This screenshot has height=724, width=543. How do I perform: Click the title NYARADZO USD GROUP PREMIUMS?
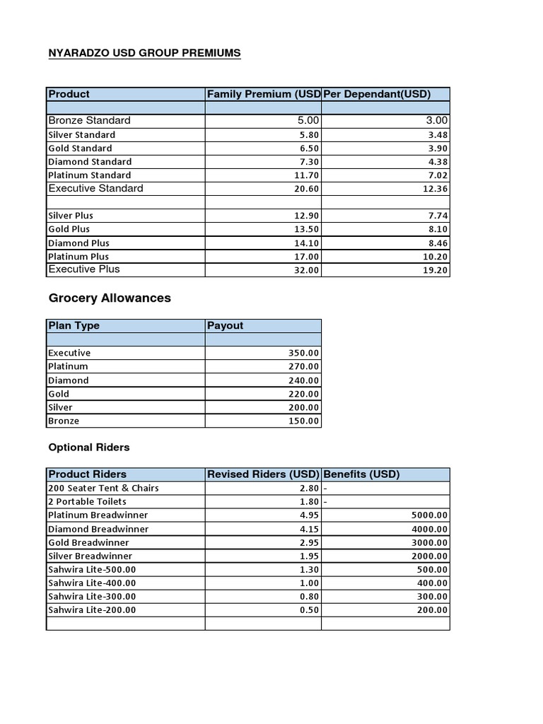[144, 53]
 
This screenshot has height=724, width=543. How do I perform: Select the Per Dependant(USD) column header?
[377, 94]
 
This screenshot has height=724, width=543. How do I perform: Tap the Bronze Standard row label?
[89, 120]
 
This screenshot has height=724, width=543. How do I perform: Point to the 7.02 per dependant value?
[436, 175]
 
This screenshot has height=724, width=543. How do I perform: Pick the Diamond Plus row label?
[78, 243]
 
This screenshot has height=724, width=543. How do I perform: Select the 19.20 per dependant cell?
[436, 270]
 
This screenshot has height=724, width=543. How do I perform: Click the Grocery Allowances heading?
[110, 298]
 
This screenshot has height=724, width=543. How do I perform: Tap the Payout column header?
[226, 326]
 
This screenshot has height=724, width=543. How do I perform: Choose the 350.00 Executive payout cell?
[303, 353]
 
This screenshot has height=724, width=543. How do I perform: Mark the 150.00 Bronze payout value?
[303, 421]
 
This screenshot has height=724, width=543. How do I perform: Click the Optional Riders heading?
[89, 448]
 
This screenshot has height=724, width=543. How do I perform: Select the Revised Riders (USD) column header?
[263, 474]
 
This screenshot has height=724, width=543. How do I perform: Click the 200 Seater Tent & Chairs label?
[103, 488]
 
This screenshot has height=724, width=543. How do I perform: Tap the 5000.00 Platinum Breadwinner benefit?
[429, 515]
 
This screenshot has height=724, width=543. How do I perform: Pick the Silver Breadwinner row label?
[90, 556]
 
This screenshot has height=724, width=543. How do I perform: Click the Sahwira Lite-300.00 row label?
[92, 597]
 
